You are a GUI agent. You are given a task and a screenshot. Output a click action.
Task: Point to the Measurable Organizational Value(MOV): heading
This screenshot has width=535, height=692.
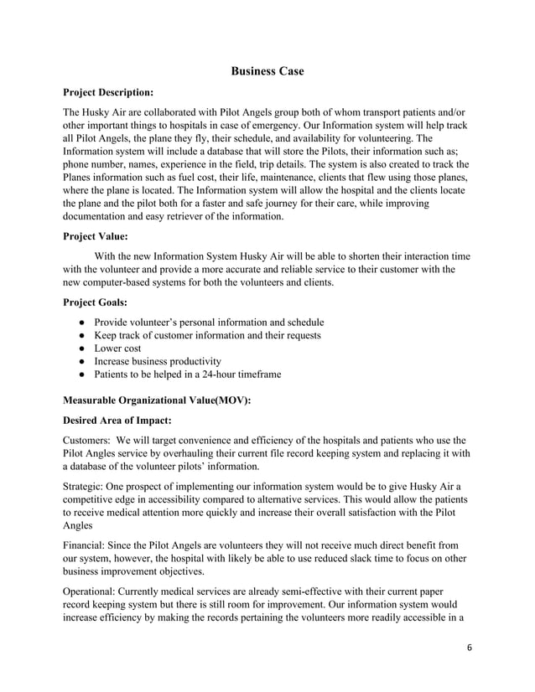pyautogui.click(x=157, y=400)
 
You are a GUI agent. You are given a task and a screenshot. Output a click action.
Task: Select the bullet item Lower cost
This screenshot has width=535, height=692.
pyautogui.click(x=117, y=349)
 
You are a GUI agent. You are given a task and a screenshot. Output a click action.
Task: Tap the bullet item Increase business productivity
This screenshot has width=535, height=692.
pyautogui.click(x=158, y=361)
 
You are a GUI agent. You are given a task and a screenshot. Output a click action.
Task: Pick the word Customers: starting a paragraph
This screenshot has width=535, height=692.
pyautogui.click(x=87, y=440)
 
